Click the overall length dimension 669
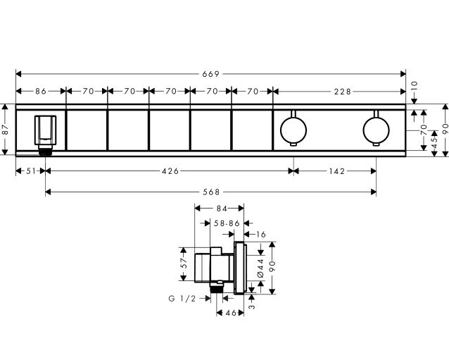pyautogui.click(x=210, y=74)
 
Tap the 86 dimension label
pyautogui.click(x=41, y=92)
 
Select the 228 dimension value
pyautogui.click(x=342, y=92)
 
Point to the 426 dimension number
pyautogui.click(x=170, y=171)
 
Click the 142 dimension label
pyautogui.click(x=337, y=171)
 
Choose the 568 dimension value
pyautogui.click(x=211, y=192)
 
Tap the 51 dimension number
pyautogui.click(x=31, y=171)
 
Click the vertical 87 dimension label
pyautogui.click(x=6, y=130)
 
